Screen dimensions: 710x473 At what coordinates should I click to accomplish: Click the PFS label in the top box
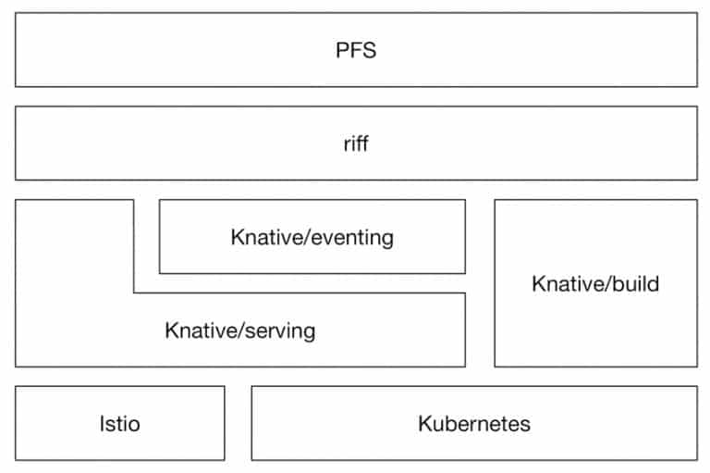pos(356,50)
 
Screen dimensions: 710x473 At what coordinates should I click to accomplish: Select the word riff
pos(356,143)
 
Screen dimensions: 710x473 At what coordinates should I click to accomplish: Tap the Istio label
pos(120,424)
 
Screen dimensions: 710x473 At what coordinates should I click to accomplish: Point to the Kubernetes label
pos(474,424)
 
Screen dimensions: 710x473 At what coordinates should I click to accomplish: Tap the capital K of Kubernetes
pos(424,424)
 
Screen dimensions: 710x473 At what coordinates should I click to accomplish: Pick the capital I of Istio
pos(103,424)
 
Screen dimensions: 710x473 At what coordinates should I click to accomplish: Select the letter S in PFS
pos(369,50)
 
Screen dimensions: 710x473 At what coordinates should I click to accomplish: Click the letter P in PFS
pos(342,50)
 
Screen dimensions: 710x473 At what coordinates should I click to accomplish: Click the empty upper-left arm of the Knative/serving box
pos(75,245)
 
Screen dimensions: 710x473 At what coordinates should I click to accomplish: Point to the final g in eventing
pos(388,240)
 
